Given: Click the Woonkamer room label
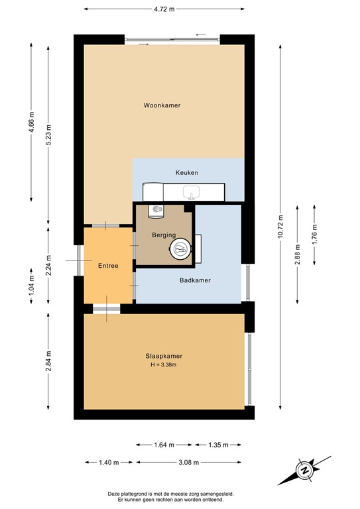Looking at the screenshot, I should coord(162,105).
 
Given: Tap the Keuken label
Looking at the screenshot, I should coord(186,172).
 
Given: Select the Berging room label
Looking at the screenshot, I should coord(163,235).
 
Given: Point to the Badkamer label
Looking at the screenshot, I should coord(195,280).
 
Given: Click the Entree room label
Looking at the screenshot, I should coord(108,266).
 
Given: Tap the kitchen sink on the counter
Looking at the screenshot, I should coord(192,193).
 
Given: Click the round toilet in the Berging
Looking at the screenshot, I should coord(180,249).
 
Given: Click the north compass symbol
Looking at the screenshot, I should coord(305,470).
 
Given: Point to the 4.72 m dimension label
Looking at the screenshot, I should coord(164,9).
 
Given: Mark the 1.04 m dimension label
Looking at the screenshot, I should coord(31,285).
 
